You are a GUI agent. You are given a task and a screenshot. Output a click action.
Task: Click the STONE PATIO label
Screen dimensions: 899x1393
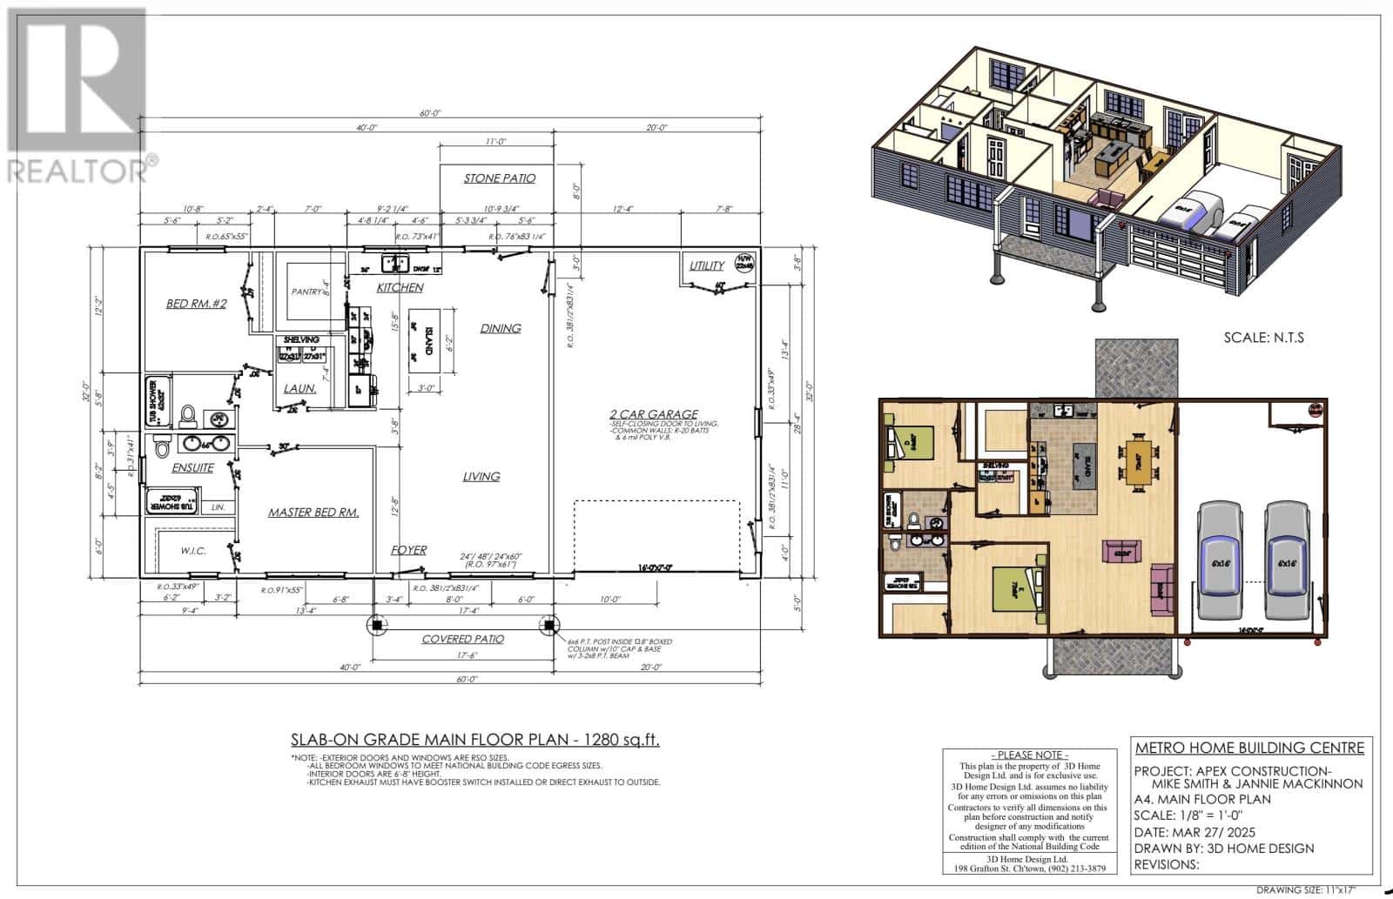point(499,178)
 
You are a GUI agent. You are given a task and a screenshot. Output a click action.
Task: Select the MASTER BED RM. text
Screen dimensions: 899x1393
point(313,513)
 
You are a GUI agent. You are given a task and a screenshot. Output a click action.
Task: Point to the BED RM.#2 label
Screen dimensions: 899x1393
point(197,304)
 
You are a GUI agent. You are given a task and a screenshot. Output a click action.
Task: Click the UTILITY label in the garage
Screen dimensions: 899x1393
point(706,265)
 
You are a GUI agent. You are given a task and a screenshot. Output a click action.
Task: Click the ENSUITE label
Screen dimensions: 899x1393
point(192,467)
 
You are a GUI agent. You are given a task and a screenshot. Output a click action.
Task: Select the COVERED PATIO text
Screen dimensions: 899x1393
point(462,639)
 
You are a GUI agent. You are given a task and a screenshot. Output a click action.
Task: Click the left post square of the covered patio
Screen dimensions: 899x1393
point(375,624)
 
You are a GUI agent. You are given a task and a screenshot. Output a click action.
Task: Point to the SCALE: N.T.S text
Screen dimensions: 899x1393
point(1263,338)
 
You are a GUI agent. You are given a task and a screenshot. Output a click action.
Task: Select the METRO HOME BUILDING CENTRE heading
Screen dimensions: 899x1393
point(1249,748)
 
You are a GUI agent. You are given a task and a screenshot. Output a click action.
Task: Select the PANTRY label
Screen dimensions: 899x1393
point(307,292)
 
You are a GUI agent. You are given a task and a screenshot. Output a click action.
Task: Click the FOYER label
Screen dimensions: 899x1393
point(408,550)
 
